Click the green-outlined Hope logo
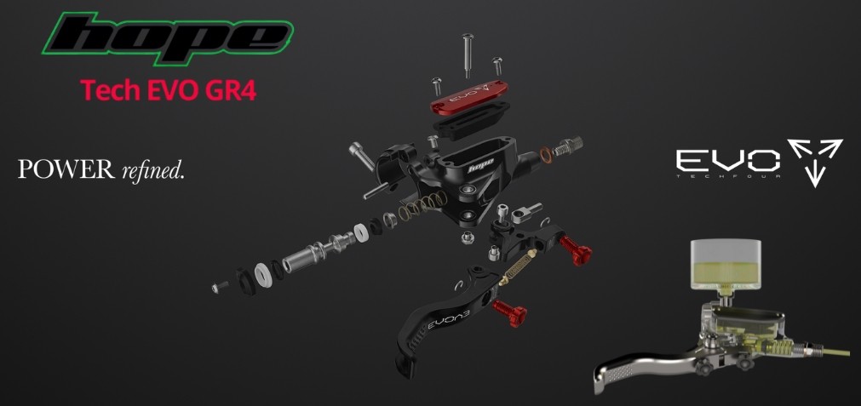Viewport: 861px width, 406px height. (168, 38)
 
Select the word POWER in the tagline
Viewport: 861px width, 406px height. (66, 169)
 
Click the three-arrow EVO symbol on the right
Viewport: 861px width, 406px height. (815, 162)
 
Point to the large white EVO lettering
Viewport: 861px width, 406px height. (727, 161)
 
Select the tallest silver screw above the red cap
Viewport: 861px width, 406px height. (468, 55)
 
